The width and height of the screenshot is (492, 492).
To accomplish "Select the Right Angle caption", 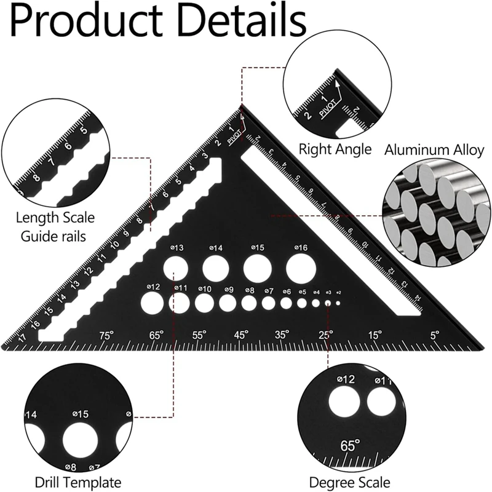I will (335, 149).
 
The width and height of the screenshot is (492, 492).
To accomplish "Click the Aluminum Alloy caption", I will (434, 149).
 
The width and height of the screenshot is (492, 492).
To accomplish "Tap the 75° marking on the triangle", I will (107, 335).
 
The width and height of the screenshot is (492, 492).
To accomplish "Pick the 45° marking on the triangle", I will (241, 335).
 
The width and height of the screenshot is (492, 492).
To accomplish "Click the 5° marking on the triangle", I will (434, 335).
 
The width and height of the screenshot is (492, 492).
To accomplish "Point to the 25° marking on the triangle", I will (325, 335).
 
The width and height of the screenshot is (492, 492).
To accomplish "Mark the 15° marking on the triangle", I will (375, 335).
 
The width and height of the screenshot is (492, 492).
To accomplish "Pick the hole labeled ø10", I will (205, 302).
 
